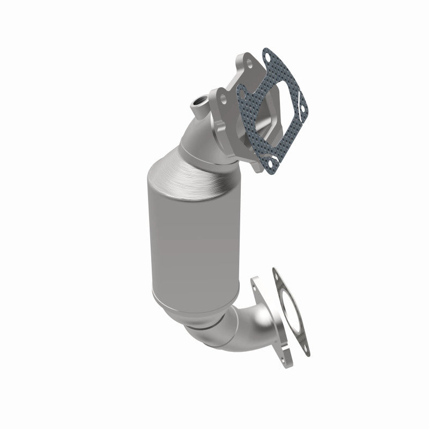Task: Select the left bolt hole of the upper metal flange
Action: [x=220, y=98]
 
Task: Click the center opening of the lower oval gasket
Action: [x=290, y=313]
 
